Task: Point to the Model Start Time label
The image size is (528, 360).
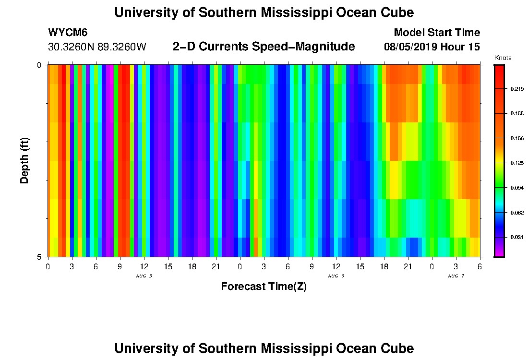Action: tap(436, 33)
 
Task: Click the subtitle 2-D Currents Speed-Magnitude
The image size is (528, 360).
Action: tap(264, 47)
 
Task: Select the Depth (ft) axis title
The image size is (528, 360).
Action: tap(25, 160)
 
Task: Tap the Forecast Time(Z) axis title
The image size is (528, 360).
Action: tap(264, 287)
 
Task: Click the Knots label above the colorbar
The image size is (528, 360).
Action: tap(503, 58)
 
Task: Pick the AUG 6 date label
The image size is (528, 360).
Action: tap(336, 276)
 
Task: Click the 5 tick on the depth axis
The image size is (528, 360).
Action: tap(39, 257)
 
